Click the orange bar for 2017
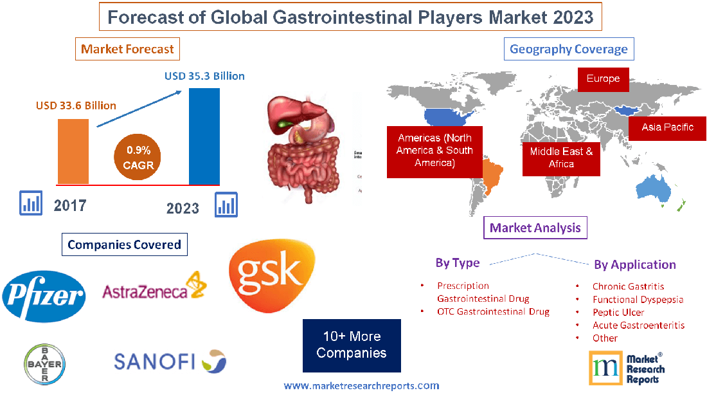click(x=73, y=151)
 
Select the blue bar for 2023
click(x=204, y=136)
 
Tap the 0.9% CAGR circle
click(x=138, y=158)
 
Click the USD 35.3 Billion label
click(x=204, y=76)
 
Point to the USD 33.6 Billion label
click(x=76, y=105)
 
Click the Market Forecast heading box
click(x=127, y=49)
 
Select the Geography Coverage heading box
click(x=568, y=49)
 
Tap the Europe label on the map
click(x=603, y=79)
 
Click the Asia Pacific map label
click(x=667, y=127)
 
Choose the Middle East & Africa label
click(x=561, y=158)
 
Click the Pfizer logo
click(x=44, y=297)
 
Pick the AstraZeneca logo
click(x=154, y=288)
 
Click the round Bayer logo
click(x=44, y=363)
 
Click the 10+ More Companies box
click(x=352, y=345)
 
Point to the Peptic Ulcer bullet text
click(x=618, y=312)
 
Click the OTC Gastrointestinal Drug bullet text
click(x=493, y=311)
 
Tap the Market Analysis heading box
click(x=535, y=228)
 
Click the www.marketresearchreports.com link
click(x=361, y=386)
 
